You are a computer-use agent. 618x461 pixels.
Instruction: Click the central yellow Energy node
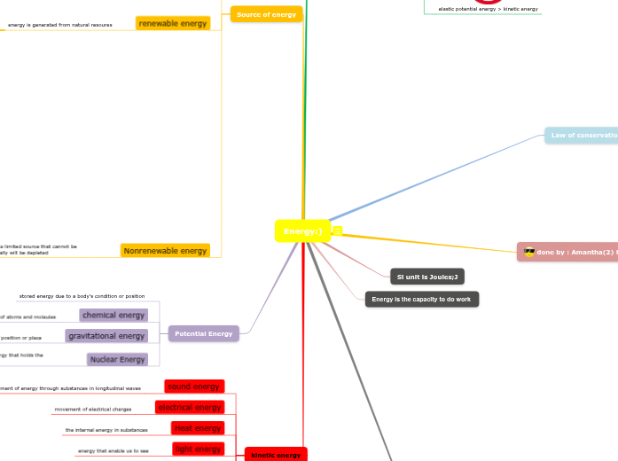click(302, 231)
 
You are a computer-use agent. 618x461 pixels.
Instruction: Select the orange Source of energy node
click(266, 14)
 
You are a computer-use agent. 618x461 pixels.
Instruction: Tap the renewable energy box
click(173, 23)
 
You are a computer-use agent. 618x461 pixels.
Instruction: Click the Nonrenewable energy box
click(165, 251)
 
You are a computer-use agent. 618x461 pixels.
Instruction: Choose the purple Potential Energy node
click(203, 333)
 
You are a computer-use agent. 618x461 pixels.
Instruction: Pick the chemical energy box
click(113, 315)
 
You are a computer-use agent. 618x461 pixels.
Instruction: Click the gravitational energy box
click(106, 336)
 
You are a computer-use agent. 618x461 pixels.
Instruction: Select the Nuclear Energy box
click(117, 359)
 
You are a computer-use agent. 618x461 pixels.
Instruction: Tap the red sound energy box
click(194, 387)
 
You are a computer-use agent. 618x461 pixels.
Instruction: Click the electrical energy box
click(189, 407)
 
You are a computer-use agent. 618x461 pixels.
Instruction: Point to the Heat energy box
click(197, 428)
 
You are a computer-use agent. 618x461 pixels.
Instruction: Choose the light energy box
click(197, 449)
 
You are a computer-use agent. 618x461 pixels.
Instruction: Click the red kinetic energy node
click(276, 455)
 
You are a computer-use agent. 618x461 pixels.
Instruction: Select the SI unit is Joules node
click(426, 277)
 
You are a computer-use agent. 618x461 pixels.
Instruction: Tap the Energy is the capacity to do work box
click(422, 300)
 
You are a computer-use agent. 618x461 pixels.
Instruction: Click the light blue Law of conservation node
click(582, 136)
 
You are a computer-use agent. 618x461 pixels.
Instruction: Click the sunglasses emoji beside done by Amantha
click(529, 252)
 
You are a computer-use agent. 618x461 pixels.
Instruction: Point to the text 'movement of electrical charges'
click(93, 410)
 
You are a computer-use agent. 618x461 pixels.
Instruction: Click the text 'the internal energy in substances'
click(106, 430)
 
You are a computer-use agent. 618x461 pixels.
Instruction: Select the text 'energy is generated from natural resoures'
click(60, 25)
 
